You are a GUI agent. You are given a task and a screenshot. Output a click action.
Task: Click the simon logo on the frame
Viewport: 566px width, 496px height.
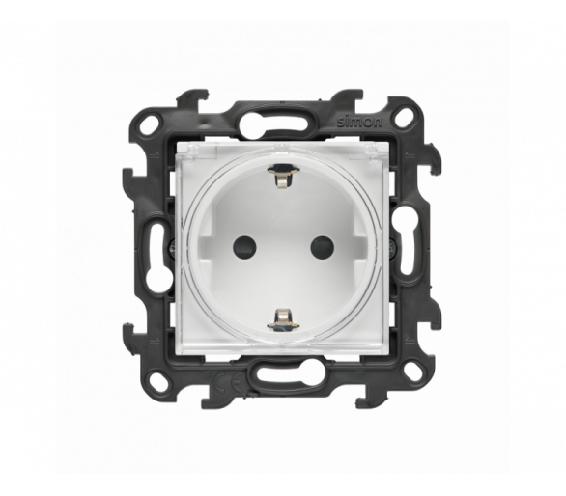point(359,123)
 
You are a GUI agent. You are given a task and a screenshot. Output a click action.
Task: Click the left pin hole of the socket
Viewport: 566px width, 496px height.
point(244,247)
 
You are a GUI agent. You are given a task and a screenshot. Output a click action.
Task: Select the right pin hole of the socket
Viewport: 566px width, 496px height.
point(322,248)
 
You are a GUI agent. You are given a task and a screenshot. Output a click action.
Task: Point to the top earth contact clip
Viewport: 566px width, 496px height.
point(283,175)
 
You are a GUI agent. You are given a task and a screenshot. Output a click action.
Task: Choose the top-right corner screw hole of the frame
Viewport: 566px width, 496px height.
point(403,119)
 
